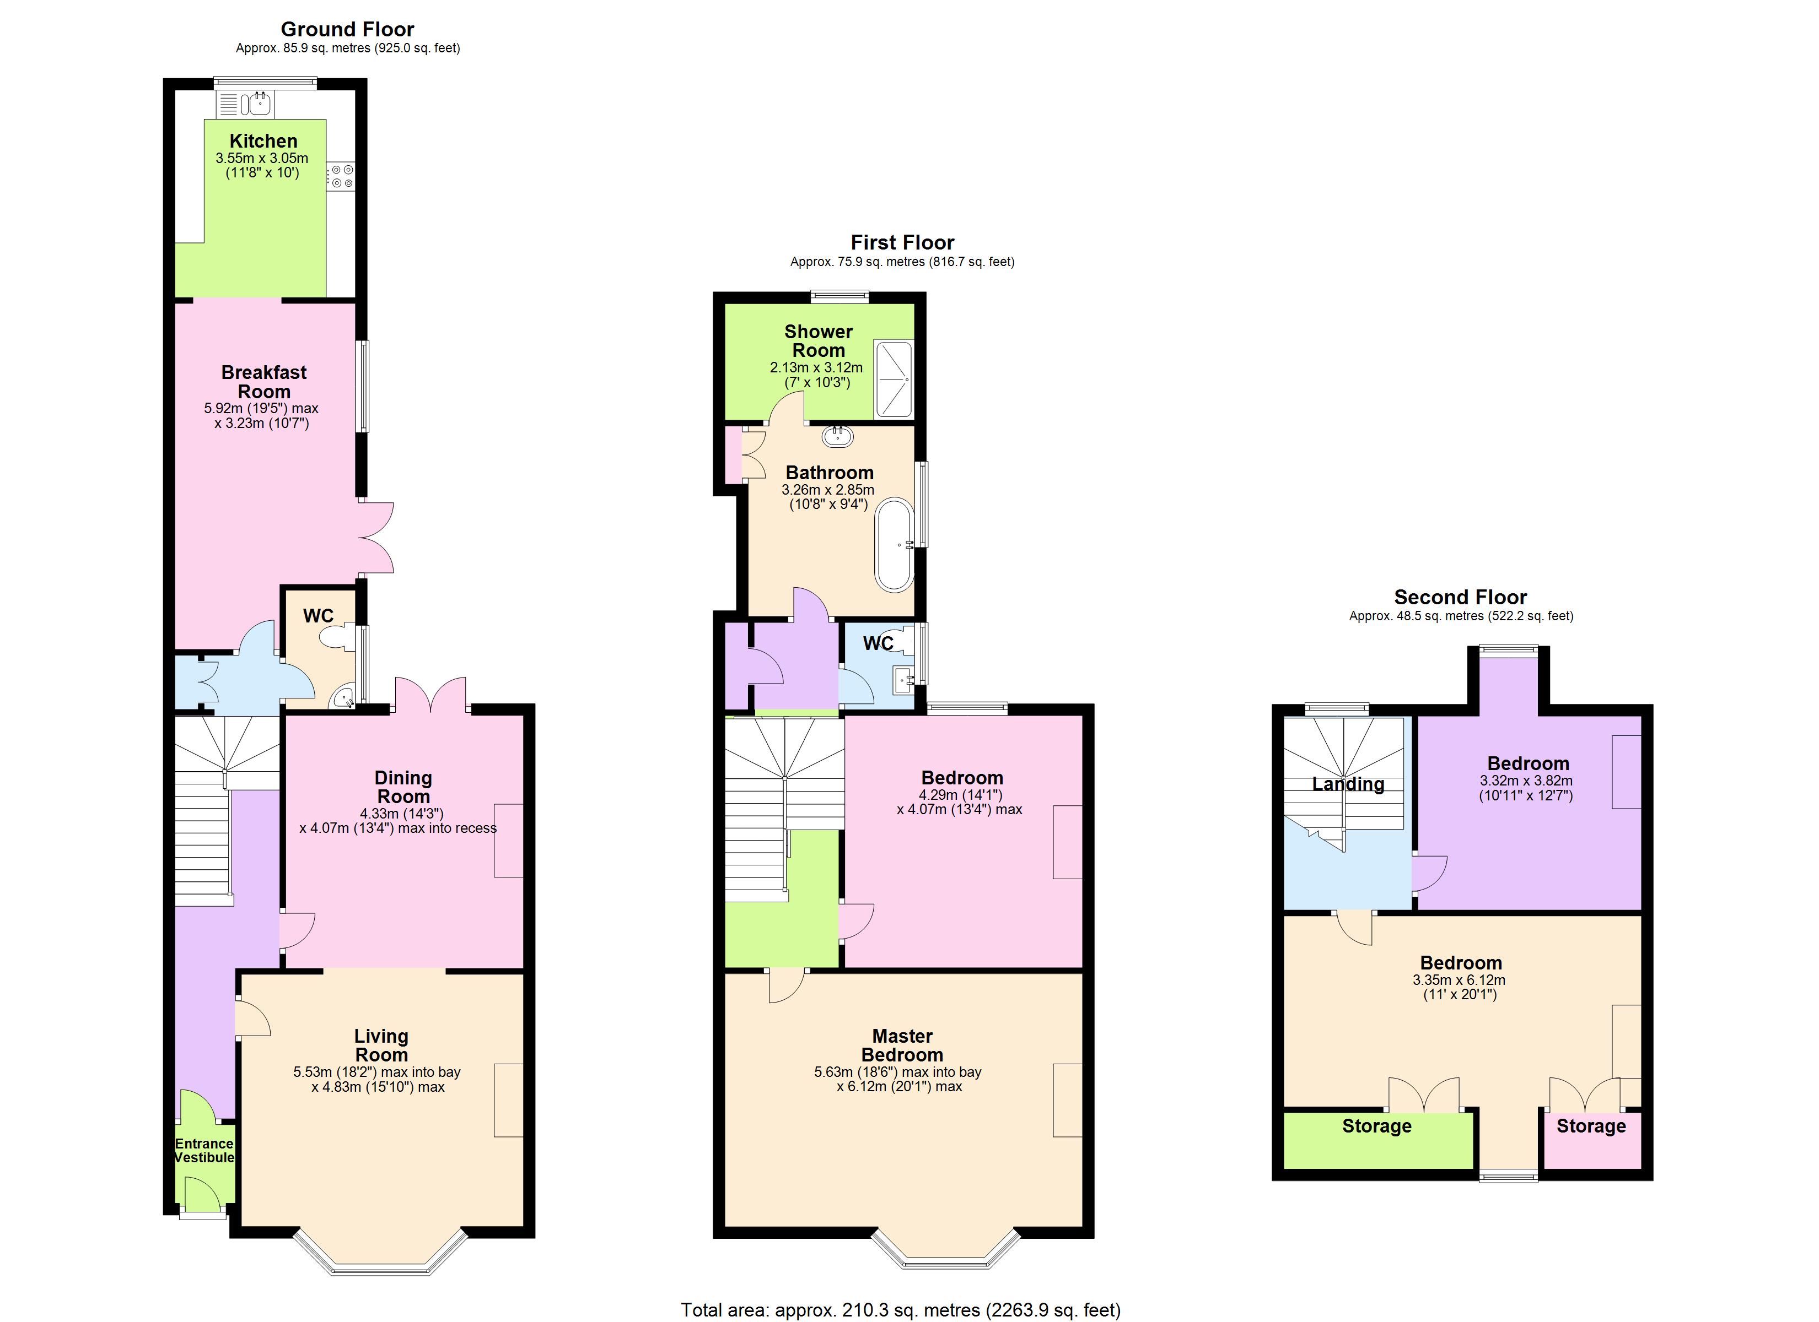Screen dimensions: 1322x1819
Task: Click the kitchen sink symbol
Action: (259, 102)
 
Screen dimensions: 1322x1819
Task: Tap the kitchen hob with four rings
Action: (342, 176)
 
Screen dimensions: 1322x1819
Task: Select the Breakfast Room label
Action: (264, 382)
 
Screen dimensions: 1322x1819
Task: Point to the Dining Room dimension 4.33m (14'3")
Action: (402, 813)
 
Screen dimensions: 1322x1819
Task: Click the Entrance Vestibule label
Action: (204, 1151)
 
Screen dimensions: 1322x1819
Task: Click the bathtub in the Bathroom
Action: (894, 545)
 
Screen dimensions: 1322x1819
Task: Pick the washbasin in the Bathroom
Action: (838, 437)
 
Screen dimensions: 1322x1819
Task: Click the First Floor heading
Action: (902, 242)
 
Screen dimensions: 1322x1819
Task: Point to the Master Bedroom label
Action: (902, 1045)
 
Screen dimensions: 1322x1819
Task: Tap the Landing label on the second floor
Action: (1348, 784)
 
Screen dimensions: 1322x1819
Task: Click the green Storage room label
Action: (1376, 1126)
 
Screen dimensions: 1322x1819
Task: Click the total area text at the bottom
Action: (900, 1310)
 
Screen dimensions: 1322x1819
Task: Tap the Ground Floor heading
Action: (347, 30)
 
